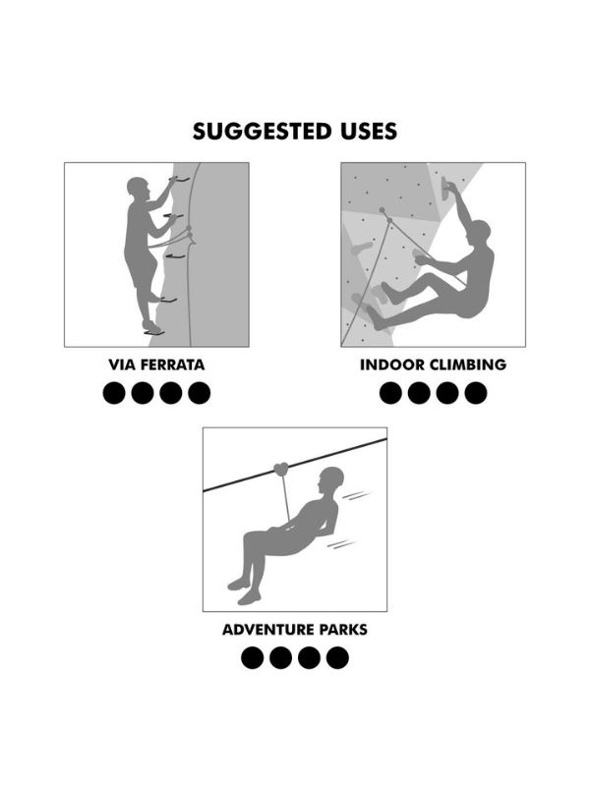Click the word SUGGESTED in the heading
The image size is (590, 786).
click(262, 132)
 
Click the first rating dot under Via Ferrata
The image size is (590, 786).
click(114, 393)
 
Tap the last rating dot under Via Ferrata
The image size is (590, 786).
click(200, 393)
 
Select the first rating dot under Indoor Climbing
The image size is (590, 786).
click(390, 393)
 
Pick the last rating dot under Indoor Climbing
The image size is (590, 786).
click(476, 393)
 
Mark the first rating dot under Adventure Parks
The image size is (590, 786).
click(253, 657)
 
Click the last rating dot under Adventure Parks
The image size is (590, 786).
click(337, 657)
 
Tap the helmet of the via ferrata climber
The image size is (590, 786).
click(136, 185)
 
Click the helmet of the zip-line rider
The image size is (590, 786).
click(332, 477)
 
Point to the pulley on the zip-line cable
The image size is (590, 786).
click(282, 470)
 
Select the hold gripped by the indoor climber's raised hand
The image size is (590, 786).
click(445, 190)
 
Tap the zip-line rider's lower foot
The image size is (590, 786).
click(249, 597)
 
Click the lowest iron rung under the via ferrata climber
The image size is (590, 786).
click(154, 332)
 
